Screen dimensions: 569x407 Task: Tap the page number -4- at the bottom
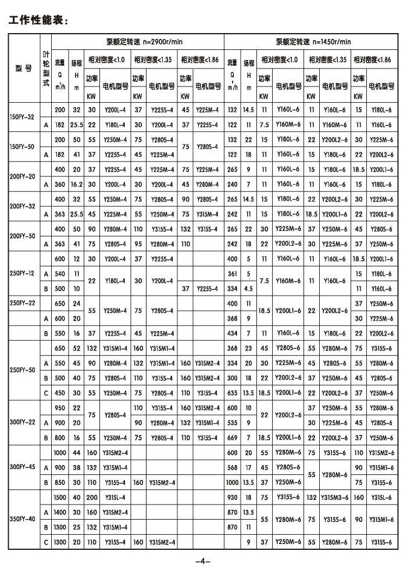tap(202, 561)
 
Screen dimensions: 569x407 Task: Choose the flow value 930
tap(233, 498)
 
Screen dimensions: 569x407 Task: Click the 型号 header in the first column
tap(23, 68)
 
